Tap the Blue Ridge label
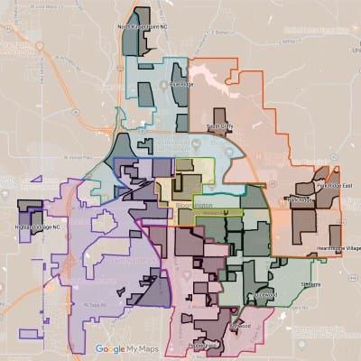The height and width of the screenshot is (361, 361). point(181,85)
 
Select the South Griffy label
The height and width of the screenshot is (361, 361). point(220,127)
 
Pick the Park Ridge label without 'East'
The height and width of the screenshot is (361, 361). point(299,199)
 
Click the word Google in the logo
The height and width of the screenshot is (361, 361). point(110,348)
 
